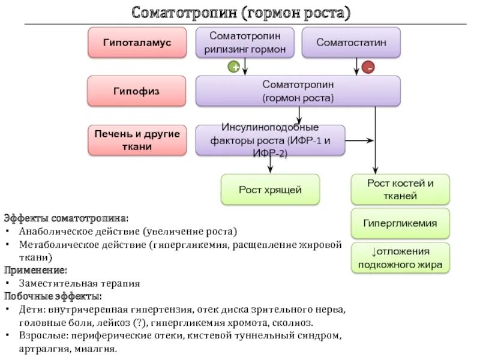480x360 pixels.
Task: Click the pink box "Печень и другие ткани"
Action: click(137, 140)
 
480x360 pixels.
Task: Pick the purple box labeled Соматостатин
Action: click(351, 43)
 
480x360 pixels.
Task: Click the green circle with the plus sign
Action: click(234, 68)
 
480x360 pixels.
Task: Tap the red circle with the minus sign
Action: click(368, 68)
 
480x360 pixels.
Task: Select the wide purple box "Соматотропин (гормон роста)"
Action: click(298, 91)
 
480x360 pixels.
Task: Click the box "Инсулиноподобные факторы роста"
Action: click(270, 140)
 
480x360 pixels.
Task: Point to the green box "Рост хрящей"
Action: click(270, 190)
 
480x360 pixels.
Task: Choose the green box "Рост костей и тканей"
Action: click(400, 189)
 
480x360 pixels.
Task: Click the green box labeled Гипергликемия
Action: click(400, 223)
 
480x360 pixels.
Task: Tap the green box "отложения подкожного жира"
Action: click(400, 257)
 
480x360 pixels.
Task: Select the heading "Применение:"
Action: click(36, 270)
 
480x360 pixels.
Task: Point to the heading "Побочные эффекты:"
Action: click(53, 296)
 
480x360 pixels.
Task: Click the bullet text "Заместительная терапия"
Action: click(79, 283)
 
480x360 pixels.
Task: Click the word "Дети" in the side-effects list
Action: click(30, 310)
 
